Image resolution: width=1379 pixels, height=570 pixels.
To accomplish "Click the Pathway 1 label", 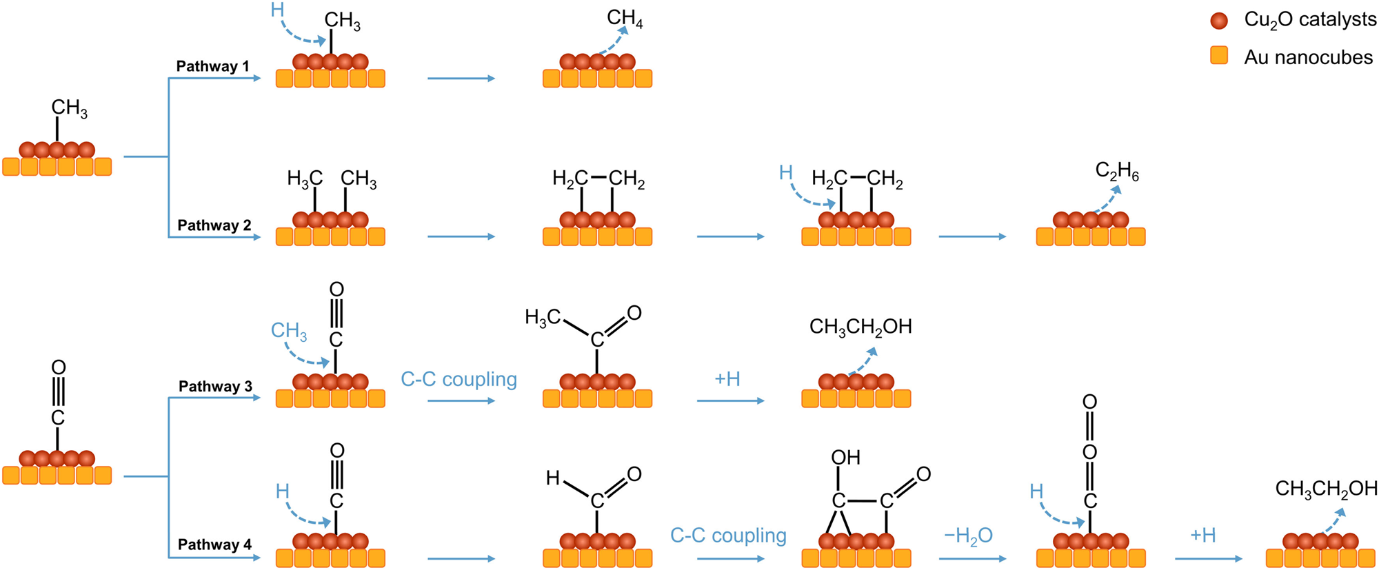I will (x=212, y=66).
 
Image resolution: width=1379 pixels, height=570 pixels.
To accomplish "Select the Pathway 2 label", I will (x=214, y=225).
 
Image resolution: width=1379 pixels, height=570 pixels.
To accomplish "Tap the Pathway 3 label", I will (x=215, y=386).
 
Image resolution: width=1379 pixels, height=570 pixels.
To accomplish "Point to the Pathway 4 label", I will (x=214, y=544).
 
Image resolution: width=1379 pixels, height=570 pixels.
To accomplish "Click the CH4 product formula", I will (x=625, y=19).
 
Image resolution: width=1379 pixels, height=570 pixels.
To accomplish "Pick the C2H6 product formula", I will (x=1117, y=171).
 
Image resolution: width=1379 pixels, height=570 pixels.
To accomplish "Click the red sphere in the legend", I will (x=1219, y=21).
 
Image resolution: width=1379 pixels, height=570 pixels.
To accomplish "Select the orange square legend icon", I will (x=1219, y=55).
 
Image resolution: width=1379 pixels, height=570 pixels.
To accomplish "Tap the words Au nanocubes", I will (x=1308, y=57).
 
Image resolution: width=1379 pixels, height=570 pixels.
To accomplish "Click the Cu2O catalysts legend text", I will (x=1310, y=20).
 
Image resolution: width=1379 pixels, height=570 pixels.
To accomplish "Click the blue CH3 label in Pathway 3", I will (x=289, y=332).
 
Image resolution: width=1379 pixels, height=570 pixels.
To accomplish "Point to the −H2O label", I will (x=968, y=536).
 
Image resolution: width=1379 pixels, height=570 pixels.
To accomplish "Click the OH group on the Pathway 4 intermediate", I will (x=845, y=457).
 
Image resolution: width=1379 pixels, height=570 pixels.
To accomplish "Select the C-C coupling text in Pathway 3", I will (x=459, y=379).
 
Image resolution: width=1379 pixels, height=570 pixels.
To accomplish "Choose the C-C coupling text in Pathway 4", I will (x=728, y=536).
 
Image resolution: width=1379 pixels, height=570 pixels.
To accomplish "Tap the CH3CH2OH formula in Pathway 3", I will (x=860, y=327).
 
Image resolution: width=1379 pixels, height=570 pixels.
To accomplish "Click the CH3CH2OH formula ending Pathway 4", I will (x=1326, y=489).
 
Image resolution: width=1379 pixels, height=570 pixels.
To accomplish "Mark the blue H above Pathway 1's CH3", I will (x=277, y=10).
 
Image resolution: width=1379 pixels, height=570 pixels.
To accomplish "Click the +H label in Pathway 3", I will (x=727, y=379).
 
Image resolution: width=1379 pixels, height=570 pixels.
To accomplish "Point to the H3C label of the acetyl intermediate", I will (x=543, y=318).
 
